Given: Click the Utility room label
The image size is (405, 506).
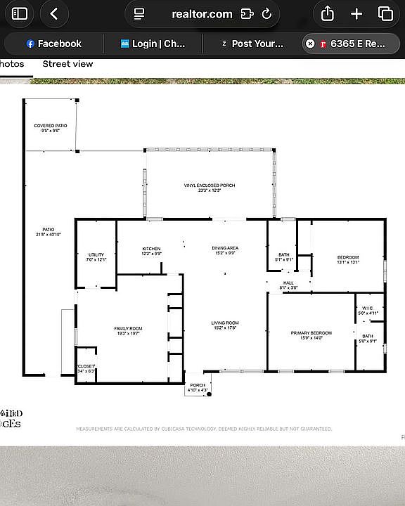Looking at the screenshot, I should [96, 257].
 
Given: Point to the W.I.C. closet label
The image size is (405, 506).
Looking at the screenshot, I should [369, 311].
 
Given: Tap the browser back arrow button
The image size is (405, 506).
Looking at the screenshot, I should [54, 13].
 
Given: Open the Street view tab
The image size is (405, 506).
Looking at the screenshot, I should [67, 64].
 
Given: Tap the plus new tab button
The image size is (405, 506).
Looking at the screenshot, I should [356, 13].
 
